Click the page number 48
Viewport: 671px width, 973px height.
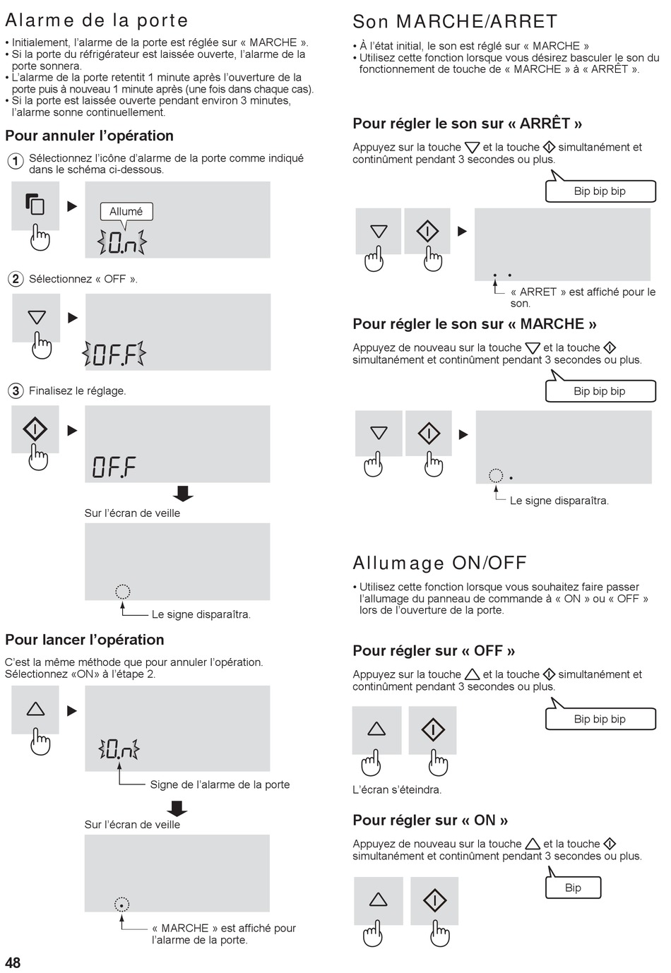pos(13,962)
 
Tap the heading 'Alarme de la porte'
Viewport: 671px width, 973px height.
pos(97,20)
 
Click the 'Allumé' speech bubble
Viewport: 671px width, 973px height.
pos(126,212)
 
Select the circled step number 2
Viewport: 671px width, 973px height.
pos(16,278)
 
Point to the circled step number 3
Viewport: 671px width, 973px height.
pos(16,390)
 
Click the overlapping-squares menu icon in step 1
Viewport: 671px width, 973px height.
pos(35,204)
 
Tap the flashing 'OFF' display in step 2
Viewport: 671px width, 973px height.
pos(114,353)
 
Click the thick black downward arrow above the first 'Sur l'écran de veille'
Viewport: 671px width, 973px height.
pos(182,494)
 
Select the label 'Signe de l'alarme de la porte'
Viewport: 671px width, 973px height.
pos(220,784)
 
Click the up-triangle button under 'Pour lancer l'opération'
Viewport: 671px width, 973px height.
pos(35,710)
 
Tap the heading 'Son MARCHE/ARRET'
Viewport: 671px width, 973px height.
pos(455,21)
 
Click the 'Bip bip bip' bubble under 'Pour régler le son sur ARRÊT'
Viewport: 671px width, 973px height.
pos(600,191)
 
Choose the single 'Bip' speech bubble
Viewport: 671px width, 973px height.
pos(573,888)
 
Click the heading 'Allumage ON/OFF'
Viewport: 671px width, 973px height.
pos(439,563)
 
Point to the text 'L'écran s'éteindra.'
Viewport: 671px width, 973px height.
pos(397,789)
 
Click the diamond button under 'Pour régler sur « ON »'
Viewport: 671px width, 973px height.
pos(434,900)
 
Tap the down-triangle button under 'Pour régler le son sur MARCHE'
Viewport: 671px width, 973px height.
pos(379,433)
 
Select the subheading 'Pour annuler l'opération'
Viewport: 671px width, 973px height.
pos(89,136)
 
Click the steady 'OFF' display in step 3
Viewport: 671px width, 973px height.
pos(114,467)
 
